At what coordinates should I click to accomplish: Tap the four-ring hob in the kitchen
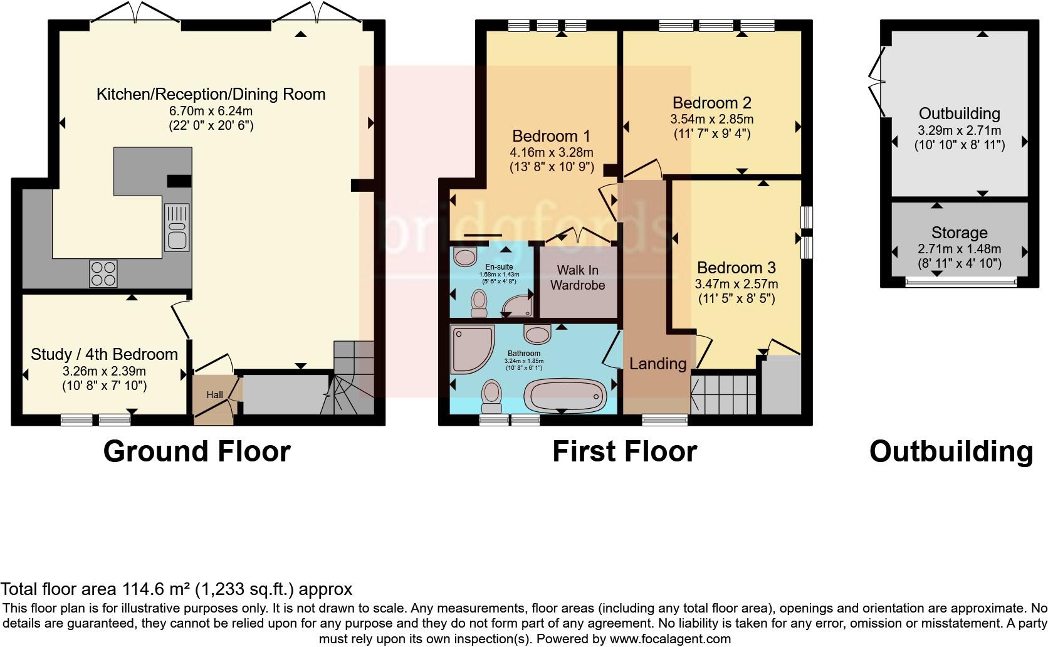point(104,273)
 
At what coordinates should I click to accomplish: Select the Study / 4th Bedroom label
point(104,354)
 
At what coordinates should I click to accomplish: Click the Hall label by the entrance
point(214,395)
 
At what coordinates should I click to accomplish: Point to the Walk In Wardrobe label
point(577,278)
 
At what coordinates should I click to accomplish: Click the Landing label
point(658,364)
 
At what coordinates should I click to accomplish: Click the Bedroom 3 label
point(736,268)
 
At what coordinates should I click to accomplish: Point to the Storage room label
point(959,233)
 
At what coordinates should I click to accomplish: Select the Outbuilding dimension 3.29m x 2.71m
point(959,130)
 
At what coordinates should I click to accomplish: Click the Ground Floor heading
point(196,451)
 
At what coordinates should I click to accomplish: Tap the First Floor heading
point(624,451)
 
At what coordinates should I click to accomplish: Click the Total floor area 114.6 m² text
point(176,589)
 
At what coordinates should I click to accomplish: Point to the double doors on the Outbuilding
point(876,82)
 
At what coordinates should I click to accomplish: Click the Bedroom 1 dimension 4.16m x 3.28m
point(552,152)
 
